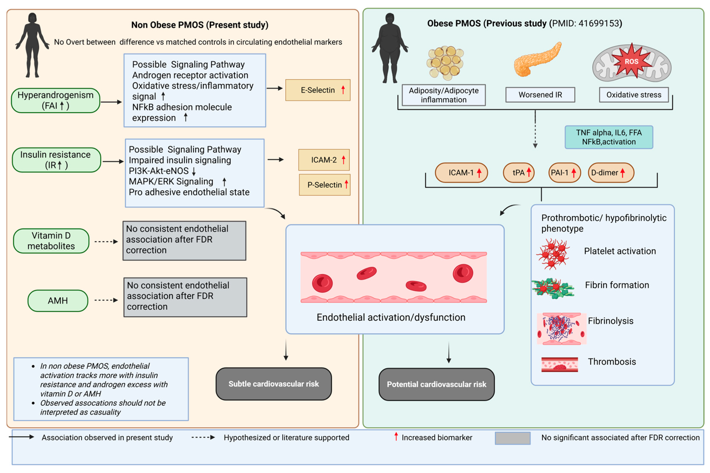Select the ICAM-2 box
[x=324, y=160]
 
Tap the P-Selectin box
[x=324, y=185]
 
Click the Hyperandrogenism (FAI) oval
[x=56, y=100]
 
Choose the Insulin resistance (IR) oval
[x=56, y=160]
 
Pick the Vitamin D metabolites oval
[x=51, y=241]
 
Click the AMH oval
[x=58, y=300]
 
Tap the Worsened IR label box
[x=540, y=95]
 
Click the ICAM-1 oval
[x=461, y=173]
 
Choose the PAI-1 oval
[x=564, y=173]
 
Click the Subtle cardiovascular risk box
[x=274, y=384]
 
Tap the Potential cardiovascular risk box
[x=436, y=384]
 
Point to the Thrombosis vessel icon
[x=559, y=364]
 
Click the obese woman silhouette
[x=390, y=48]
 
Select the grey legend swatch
[x=512, y=438]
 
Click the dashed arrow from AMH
[x=106, y=300]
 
